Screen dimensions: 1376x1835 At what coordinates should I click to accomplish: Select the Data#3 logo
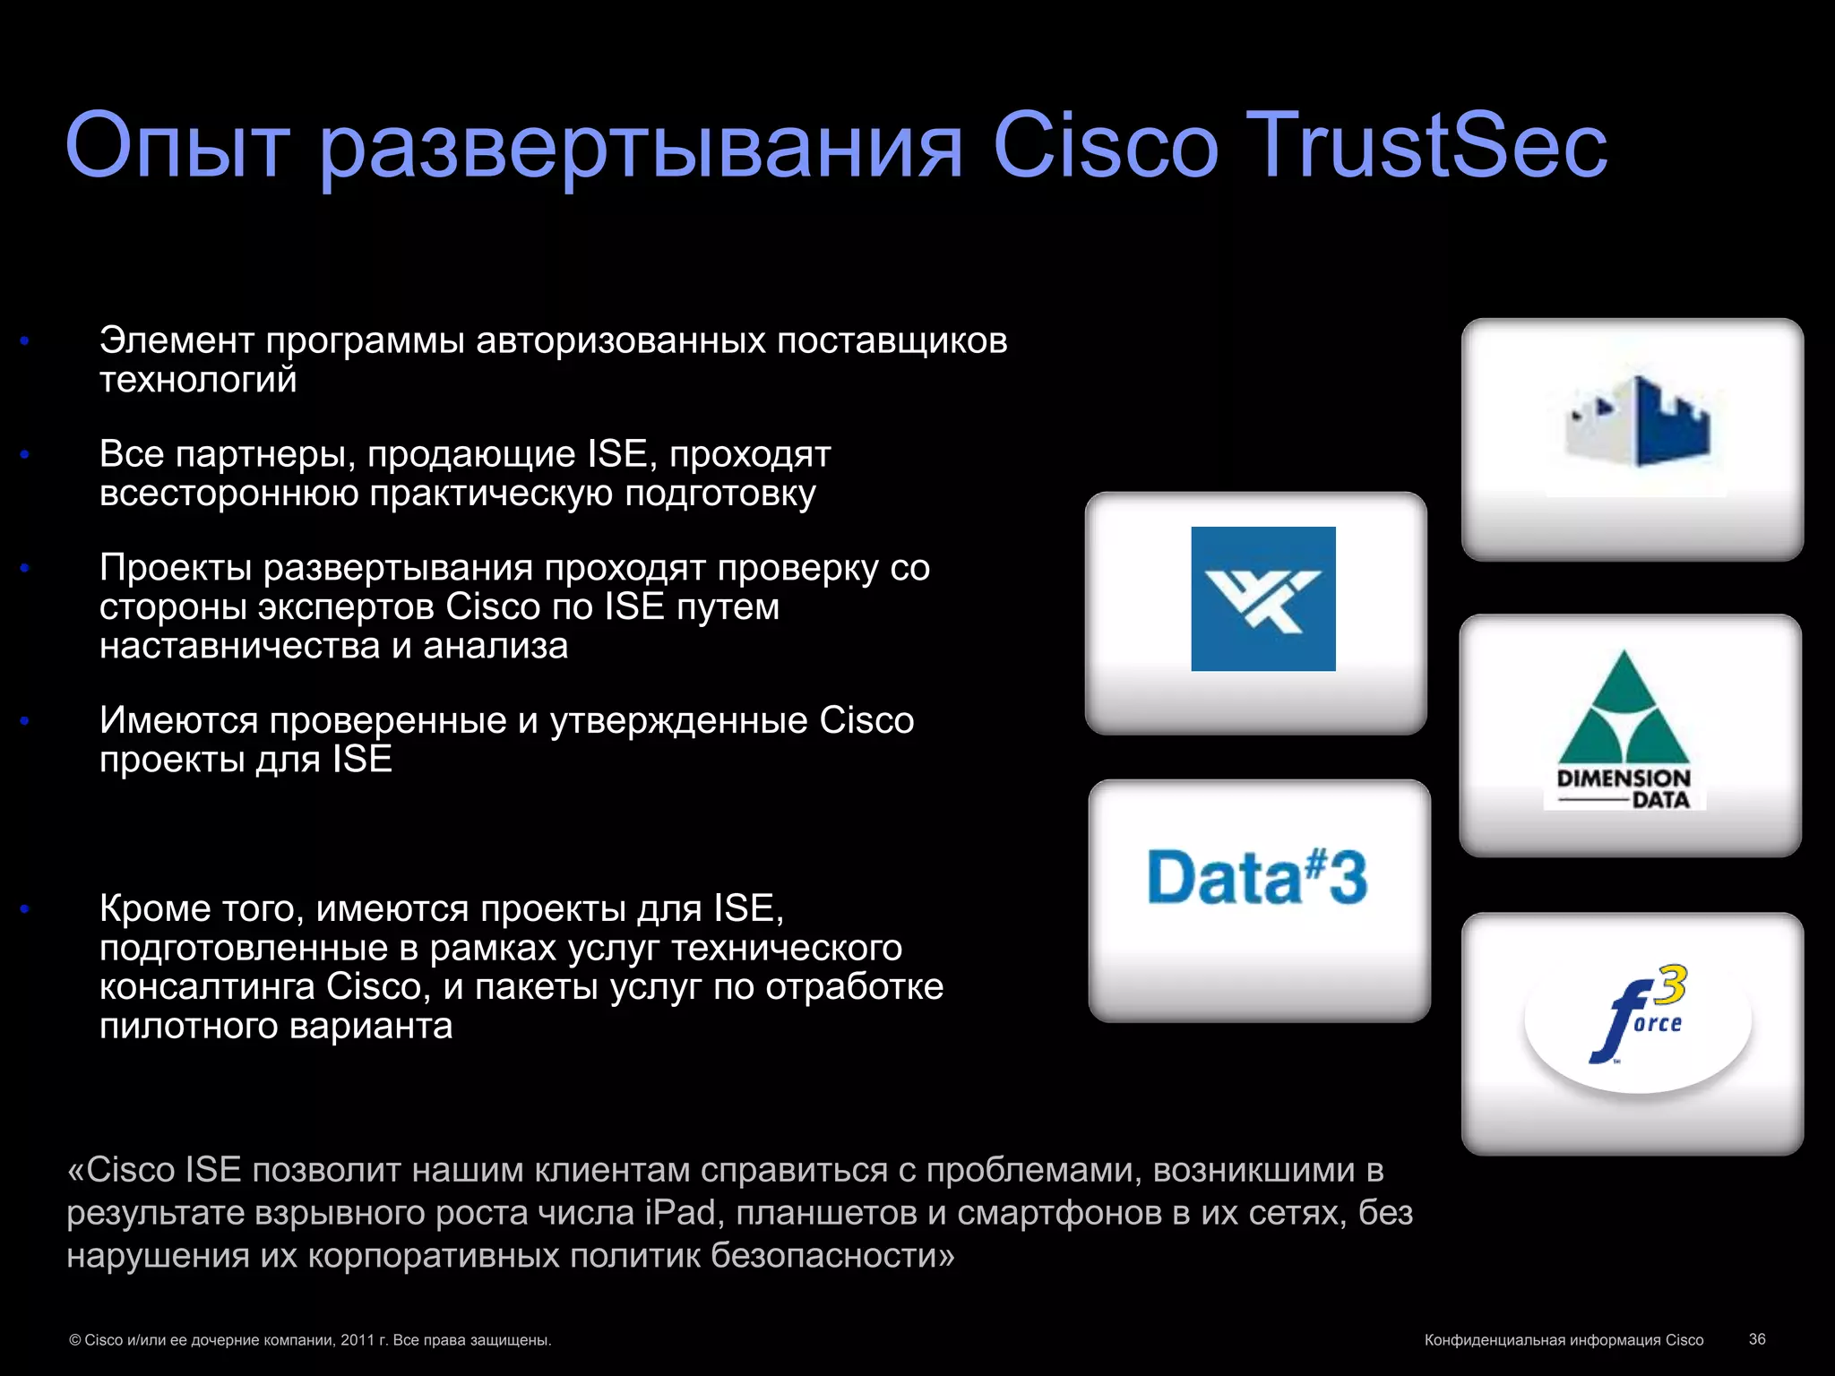coord(1258,877)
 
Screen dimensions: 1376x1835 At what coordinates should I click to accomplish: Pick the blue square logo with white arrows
coord(1262,598)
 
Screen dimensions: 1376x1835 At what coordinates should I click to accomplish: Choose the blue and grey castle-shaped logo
coord(1637,422)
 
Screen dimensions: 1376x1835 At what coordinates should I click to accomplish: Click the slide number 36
coord(1756,1338)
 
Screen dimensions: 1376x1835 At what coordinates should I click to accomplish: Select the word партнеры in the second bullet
coord(260,454)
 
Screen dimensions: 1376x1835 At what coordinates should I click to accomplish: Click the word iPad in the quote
coord(680,1212)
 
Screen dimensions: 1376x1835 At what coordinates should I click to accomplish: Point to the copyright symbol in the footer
coord(75,1340)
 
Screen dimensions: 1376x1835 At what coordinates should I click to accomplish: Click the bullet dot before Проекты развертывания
coord(25,568)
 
